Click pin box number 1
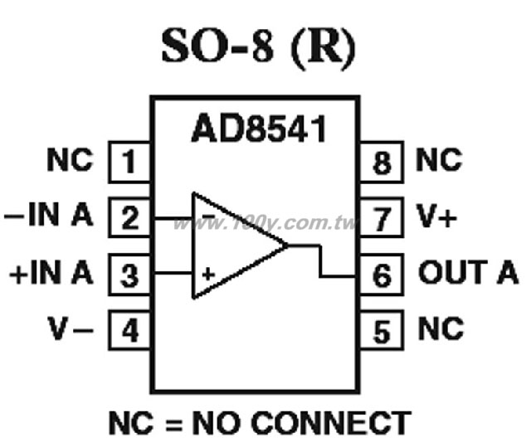click(129, 162)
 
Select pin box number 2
click(129, 217)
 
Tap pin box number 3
click(129, 274)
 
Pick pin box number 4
click(129, 330)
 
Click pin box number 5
click(382, 330)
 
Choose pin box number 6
click(382, 274)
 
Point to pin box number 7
click(382, 217)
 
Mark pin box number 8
click(382, 162)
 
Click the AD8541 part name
click(259, 129)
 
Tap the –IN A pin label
click(48, 214)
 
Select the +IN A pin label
click(51, 272)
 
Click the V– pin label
click(71, 328)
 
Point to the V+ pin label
click(437, 216)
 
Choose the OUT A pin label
click(468, 272)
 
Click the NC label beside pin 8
click(439, 159)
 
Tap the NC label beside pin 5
click(441, 328)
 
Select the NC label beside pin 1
click(70, 159)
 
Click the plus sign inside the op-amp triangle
click(208, 274)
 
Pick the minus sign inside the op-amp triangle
click(208, 216)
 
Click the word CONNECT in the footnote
click(331, 423)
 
